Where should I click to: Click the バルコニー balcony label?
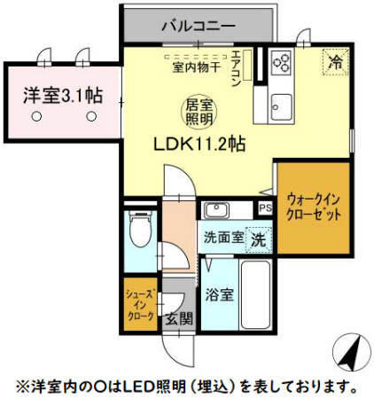click(198, 26)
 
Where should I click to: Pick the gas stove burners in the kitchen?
click(284, 61)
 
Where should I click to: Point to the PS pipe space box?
click(265, 208)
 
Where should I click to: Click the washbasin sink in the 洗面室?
click(216, 211)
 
